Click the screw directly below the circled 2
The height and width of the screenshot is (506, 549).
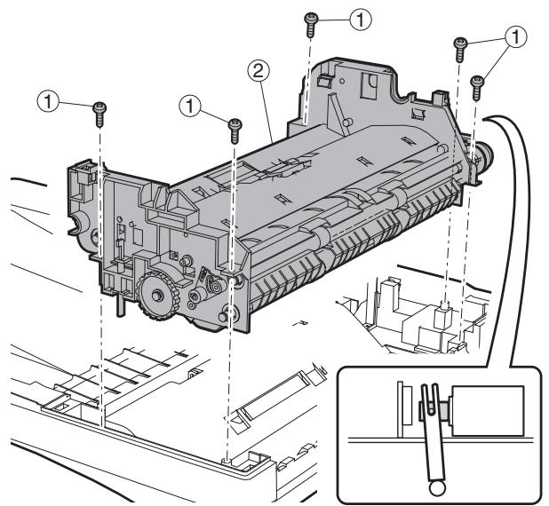[235, 128]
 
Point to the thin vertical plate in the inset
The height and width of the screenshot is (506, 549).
[403, 409]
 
